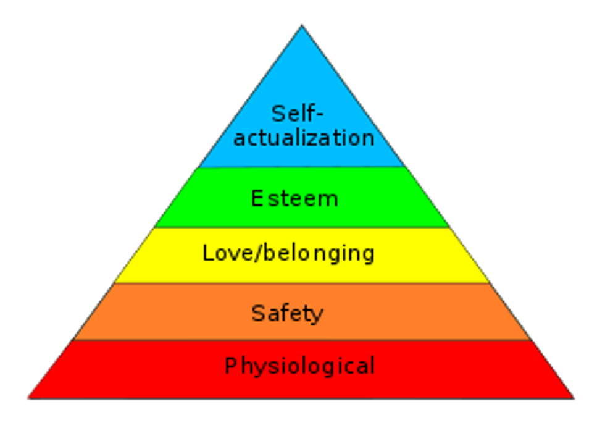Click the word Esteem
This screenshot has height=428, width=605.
click(294, 199)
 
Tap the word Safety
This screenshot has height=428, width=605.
click(287, 314)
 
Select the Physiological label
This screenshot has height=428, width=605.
click(299, 366)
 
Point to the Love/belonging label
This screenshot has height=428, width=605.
click(288, 253)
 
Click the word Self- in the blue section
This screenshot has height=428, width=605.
click(298, 114)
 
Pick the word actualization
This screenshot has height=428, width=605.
click(304, 138)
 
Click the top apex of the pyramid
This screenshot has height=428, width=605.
click(302, 28)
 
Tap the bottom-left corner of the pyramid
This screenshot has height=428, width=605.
click(28, 398)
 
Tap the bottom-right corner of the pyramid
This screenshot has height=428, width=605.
click(574, 398)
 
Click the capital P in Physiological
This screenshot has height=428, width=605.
click(230, 366)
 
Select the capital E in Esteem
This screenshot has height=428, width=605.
click(257, 199)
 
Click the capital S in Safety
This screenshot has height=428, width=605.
click(258, 313)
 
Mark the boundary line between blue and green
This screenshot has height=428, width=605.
click(302, 167)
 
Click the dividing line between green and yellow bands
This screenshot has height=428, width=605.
click(302, 227)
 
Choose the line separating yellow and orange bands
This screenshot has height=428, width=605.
click(302, 283)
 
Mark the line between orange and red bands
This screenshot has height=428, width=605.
click(302, 340)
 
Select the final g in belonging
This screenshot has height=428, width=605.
click(367, 256)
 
